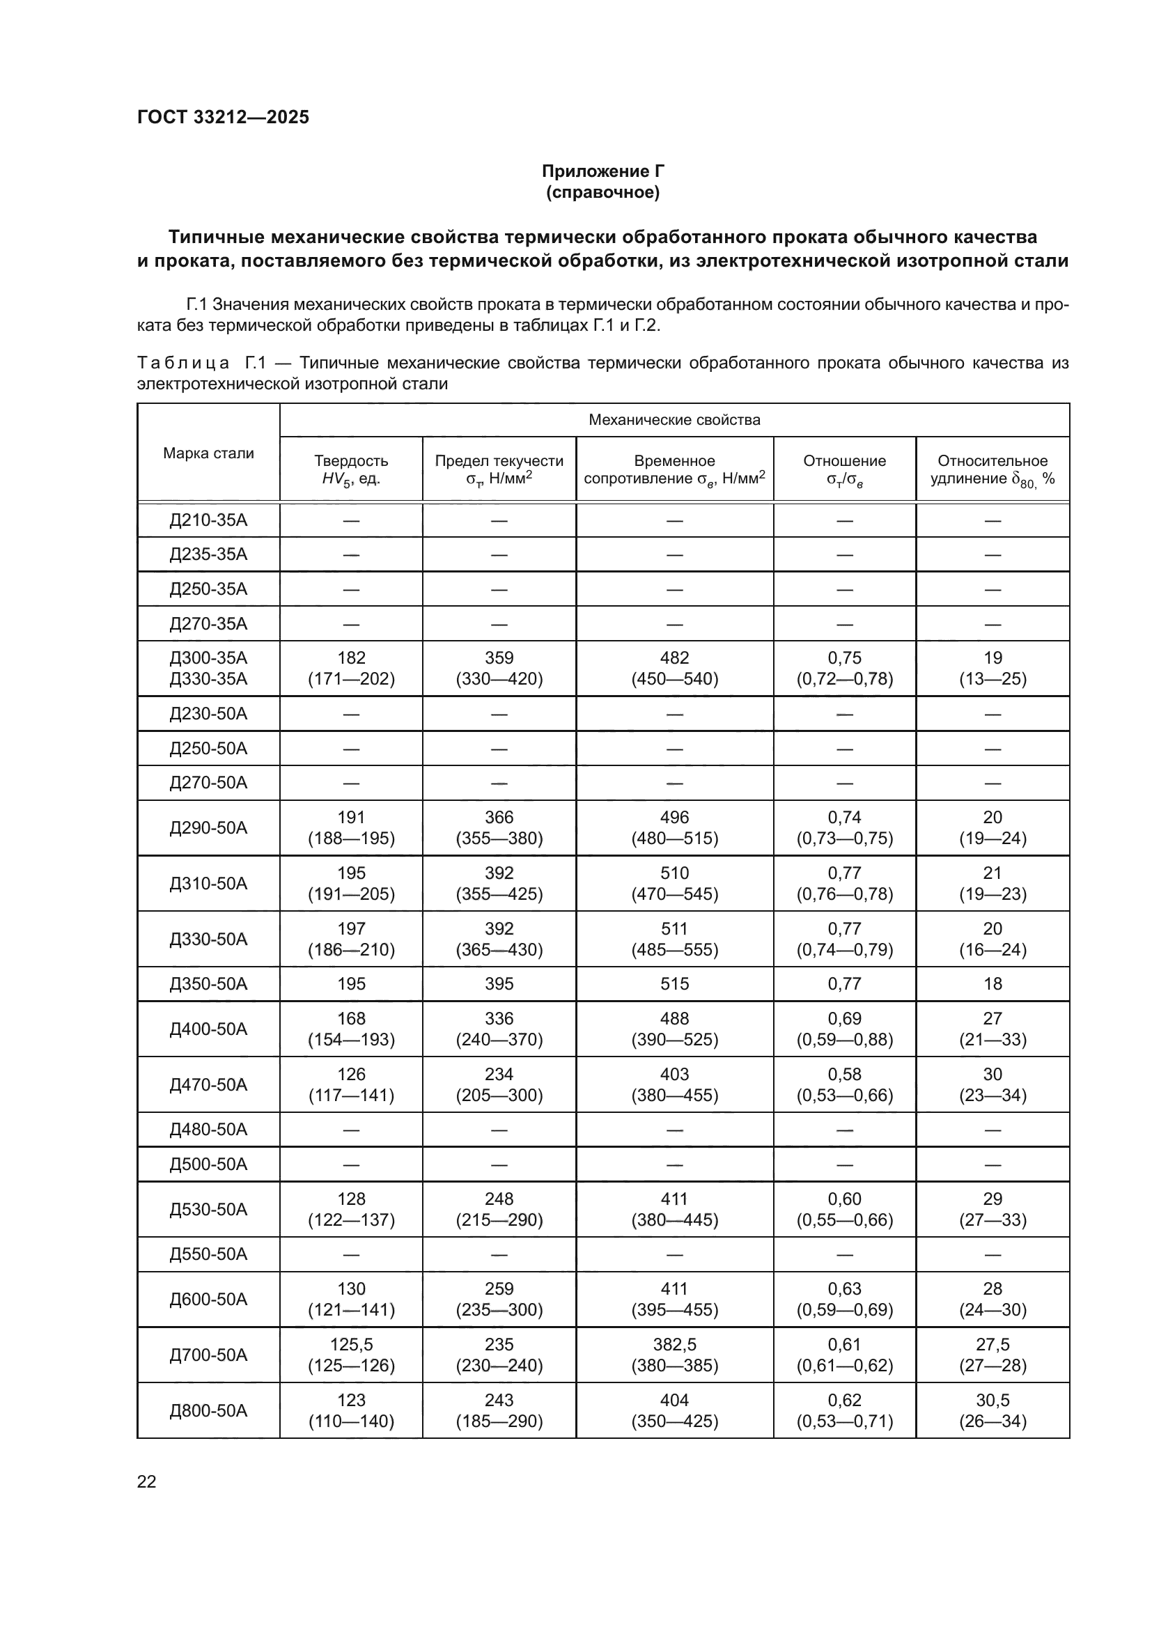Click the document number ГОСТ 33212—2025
point(223,117)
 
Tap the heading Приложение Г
point(603,171)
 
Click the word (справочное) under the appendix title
point(603,192)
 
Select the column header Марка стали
point(208,453)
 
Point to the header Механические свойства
point(674,419)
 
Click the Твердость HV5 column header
point(351,469)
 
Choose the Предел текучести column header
point(499,469)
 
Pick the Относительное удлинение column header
point(992,469)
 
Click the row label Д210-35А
point(208,520)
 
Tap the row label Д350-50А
point(208,983)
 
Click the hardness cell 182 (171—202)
point(351,668)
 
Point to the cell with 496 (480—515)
point(674,827)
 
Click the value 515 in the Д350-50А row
point(674,983)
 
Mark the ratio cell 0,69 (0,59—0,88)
point(844,1029)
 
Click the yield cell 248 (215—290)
point(499,1209)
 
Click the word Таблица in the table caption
point(183,364)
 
